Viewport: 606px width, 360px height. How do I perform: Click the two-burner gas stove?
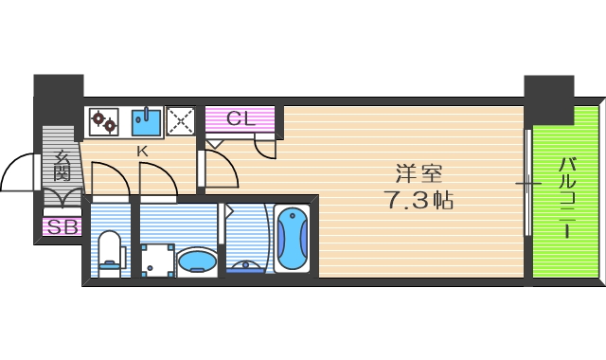click(103, 122)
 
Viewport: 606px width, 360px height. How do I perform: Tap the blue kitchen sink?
click(145, 121)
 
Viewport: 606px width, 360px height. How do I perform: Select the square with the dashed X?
click(180, 121)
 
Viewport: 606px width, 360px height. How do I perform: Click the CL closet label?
click(241, 119)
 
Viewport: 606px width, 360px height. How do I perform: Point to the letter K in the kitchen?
click(142, 152)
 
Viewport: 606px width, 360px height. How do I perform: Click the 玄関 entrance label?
click(62, 167)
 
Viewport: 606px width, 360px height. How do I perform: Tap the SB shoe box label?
click(62, 227)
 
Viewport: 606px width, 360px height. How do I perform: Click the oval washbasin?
click(197, 260)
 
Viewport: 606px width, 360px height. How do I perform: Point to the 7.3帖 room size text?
click(419, 200)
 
